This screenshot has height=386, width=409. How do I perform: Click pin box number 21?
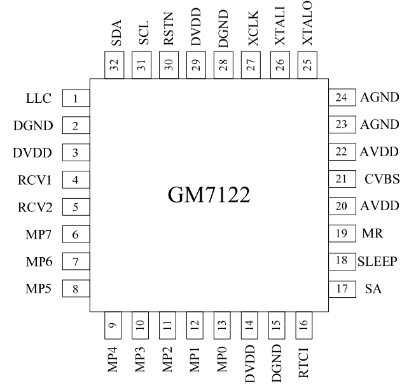pos(341,179)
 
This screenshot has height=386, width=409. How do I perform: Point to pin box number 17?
pos(341,288)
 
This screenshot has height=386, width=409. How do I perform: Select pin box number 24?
pos(341,98)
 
